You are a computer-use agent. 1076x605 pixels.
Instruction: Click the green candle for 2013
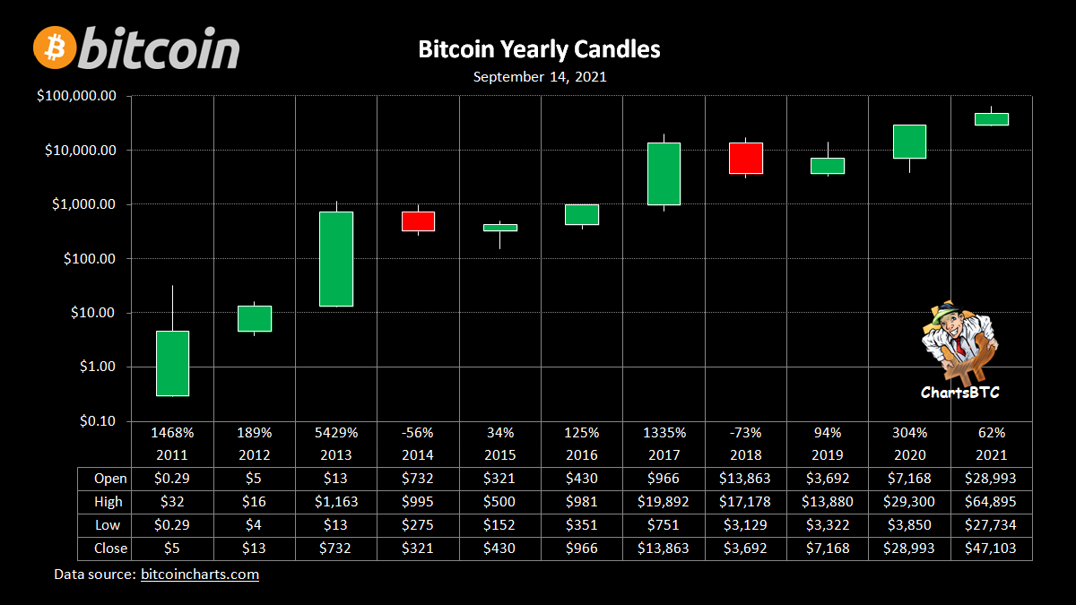336,259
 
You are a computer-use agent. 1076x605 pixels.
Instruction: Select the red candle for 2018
746,158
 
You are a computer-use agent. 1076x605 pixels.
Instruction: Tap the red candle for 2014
418,221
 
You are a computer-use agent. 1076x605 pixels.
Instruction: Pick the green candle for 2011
172,363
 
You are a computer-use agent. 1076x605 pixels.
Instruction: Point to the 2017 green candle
664,174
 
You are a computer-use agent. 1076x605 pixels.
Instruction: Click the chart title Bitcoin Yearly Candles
539,49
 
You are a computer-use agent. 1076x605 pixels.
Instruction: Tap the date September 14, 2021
540,77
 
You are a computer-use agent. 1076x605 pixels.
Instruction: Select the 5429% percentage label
336,431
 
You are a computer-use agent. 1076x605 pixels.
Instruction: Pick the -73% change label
746,431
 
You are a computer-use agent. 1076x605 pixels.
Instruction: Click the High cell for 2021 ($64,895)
992,502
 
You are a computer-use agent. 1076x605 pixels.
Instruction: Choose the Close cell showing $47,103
992,549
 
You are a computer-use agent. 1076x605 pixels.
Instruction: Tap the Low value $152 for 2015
500,525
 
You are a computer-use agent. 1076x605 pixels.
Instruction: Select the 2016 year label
582,454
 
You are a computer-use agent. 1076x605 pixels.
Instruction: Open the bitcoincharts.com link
200,575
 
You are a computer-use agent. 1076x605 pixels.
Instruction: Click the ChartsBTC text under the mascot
959,393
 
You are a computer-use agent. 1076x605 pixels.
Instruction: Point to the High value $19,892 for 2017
664,502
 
